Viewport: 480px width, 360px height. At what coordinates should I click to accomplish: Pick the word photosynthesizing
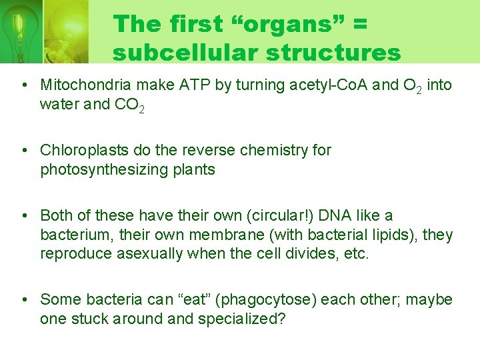pos(104,170)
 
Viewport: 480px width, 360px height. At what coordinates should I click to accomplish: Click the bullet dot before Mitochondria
pos(24,86)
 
